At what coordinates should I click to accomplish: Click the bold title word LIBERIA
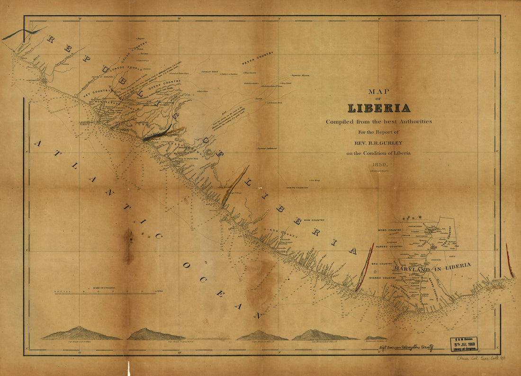pyautogui.click(x=379, y=108)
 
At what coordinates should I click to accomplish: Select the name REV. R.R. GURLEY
pyautogui.click(x=379, y=143)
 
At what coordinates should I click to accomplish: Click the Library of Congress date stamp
pyautogui.click(x=464, y=344)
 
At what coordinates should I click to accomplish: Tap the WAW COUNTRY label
pyautogui.click(x=314, y=220)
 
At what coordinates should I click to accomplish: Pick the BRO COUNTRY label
pyautogui.click(x=382, y=263)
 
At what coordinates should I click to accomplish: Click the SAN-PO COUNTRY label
pyautogui.click(x=297, y=188)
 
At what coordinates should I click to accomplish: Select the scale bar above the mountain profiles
pyautogui.click(x=105, y=294)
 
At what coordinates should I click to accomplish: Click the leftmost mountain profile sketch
pyautogui.click(x=81, y=334)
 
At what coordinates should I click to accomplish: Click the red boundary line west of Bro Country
pyautogui.click(x=365, y=268)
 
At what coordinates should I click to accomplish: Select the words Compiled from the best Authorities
pyautogui.click(x=379, y=122)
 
